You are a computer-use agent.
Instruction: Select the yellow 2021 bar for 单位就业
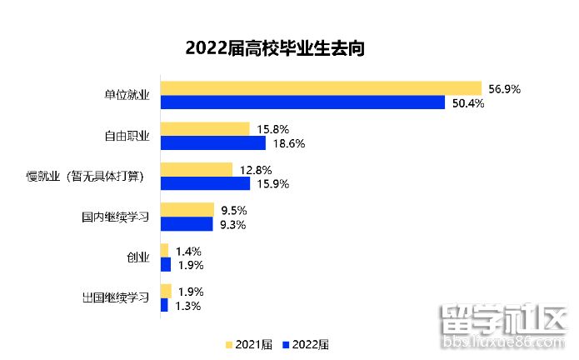[321, 88]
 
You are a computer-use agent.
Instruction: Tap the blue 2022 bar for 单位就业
[302, 102]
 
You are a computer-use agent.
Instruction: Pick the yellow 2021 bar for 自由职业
[204, 129]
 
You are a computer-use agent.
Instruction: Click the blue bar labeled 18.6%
[212, 142]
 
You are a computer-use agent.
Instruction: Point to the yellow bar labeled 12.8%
[196, 169]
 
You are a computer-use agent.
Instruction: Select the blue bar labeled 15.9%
[204, 183]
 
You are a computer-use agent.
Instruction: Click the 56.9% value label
[504, 88]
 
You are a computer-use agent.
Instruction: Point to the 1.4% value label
[189, 251]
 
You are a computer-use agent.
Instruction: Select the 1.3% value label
[189, 306]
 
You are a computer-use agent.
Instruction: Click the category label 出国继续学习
[116, 298]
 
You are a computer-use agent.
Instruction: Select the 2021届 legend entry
[248, 344]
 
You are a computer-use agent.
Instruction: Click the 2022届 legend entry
[306, 344]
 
